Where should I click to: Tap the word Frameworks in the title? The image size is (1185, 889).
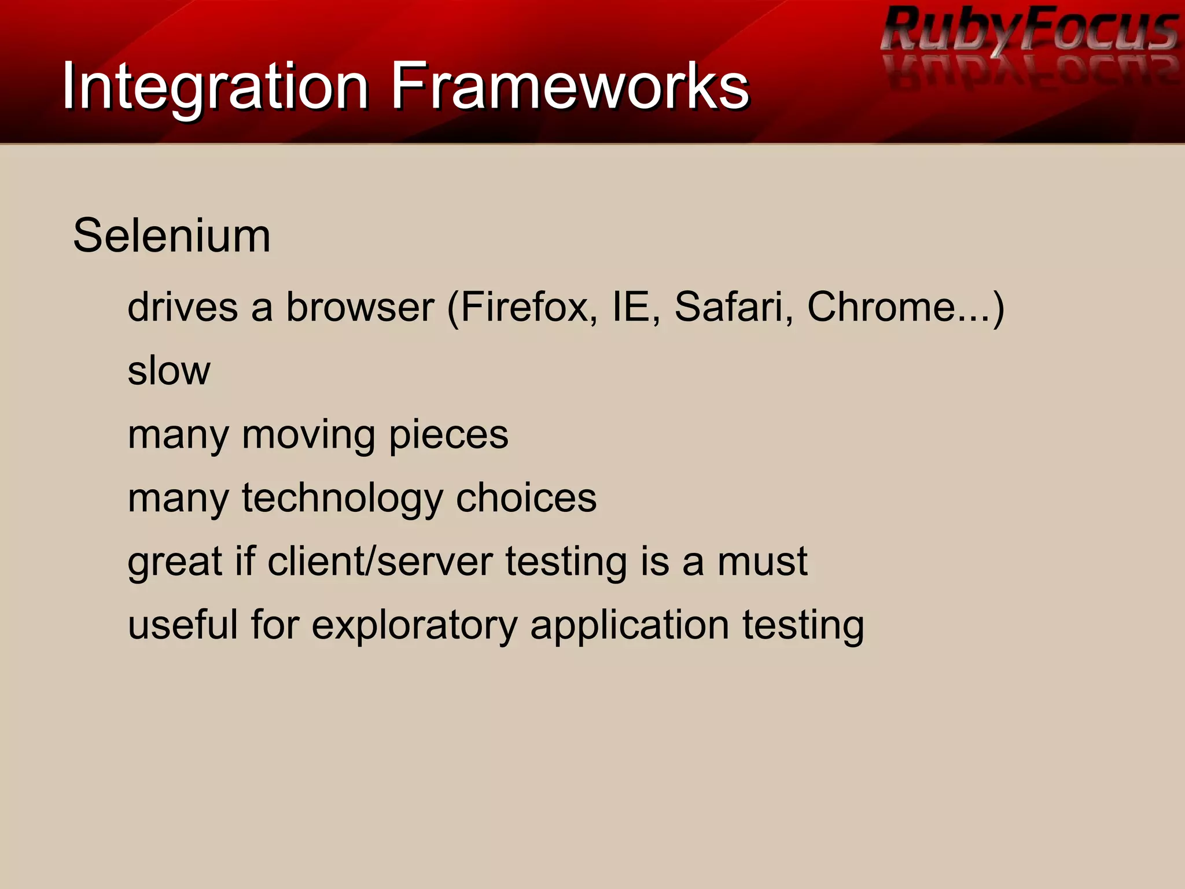tap(570, 87)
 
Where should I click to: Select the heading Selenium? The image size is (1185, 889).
tap(172, 236)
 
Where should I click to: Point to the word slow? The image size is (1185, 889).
tap(169, 371)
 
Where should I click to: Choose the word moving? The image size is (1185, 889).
tap(308, 434)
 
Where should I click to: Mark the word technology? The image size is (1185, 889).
tap(342, 499)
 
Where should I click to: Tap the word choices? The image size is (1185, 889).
tap(526, 498)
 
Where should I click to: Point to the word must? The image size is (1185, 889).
tap(762, 562)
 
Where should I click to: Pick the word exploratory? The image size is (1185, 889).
tap(414, 626)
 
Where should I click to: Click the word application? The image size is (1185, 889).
tap(630, 626)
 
